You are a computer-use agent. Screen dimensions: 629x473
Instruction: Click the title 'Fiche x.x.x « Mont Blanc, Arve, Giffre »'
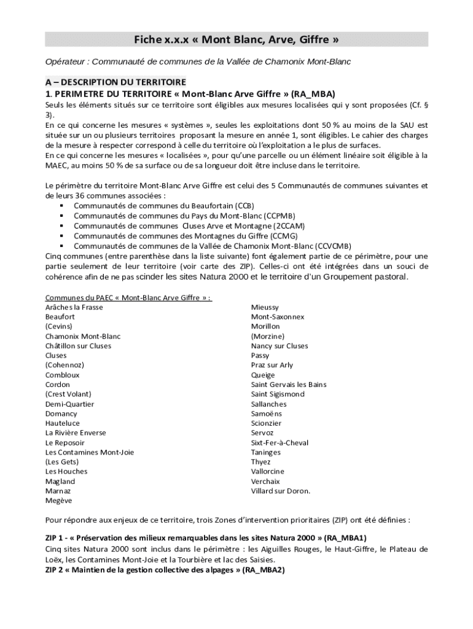pyautogui.click(x=237, y=40)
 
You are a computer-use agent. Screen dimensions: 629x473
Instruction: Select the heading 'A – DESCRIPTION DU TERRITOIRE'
pyautogui.click(x=115, y=82)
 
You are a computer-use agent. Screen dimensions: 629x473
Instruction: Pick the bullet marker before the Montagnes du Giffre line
pyautogui.click(x=62, y=235)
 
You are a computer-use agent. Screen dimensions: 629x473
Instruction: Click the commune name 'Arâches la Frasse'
pyautogui.click(x=74, y=307)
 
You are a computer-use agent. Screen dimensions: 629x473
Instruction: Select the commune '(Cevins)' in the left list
pyautogui.click(x=59, y=326)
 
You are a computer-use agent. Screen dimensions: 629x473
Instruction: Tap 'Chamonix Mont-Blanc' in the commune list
pyautogui.click(x=83, y=336)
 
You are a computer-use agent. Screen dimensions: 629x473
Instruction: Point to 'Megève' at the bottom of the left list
pyautogui.click(x=59, y=501)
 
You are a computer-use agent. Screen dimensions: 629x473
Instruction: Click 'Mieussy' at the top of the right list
pyautogui.click(x=265, y=307)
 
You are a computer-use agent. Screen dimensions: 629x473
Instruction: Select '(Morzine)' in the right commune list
pyautogui.click(x=268, y=336)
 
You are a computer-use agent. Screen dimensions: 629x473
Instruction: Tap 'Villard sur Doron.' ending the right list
pyautogui.click(x=281, y=491)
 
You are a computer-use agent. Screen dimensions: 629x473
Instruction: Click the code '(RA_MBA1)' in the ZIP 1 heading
pyautogui.click(x=343, y=537)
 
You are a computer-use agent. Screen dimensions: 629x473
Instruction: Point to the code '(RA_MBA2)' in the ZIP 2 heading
pyautogui.click(x=263, y=570)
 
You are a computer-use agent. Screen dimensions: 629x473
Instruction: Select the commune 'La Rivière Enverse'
pyautogui.click(x=76, y=433)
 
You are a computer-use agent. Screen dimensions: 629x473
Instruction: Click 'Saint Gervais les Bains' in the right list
pyautogui.click(x=289, y=385)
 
